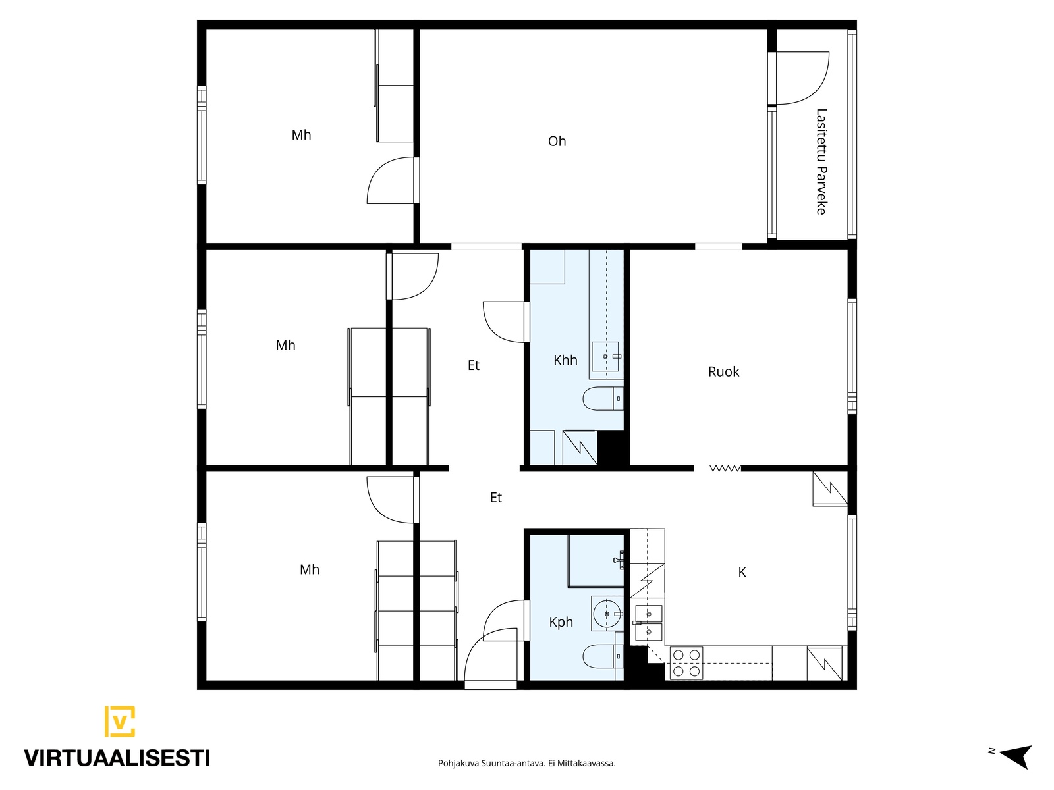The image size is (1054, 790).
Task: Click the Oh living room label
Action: tap(557, 141)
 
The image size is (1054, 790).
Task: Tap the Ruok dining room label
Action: tap(723, 372)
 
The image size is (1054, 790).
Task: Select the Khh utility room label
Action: tap(565, 360)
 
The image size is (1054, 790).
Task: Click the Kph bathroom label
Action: tap(561, 622)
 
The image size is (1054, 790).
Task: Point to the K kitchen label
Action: tap(742, 572)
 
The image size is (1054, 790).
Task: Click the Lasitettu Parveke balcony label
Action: tap(821, 162)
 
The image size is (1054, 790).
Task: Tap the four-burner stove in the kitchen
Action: tap(686, 663)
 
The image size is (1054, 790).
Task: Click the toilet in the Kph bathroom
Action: tap(603, 656)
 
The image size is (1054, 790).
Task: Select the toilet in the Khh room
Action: tap(603, 398)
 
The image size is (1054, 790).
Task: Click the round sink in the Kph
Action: tap(607, 614)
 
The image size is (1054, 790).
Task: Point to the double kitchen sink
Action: tap(648, 623)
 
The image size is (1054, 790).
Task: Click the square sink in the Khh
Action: tap(605, 356)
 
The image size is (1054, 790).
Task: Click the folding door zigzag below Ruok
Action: tap(725, 468)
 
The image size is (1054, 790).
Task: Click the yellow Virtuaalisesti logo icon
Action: tap(120, 721)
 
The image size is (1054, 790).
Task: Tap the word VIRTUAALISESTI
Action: tap(117, 758)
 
